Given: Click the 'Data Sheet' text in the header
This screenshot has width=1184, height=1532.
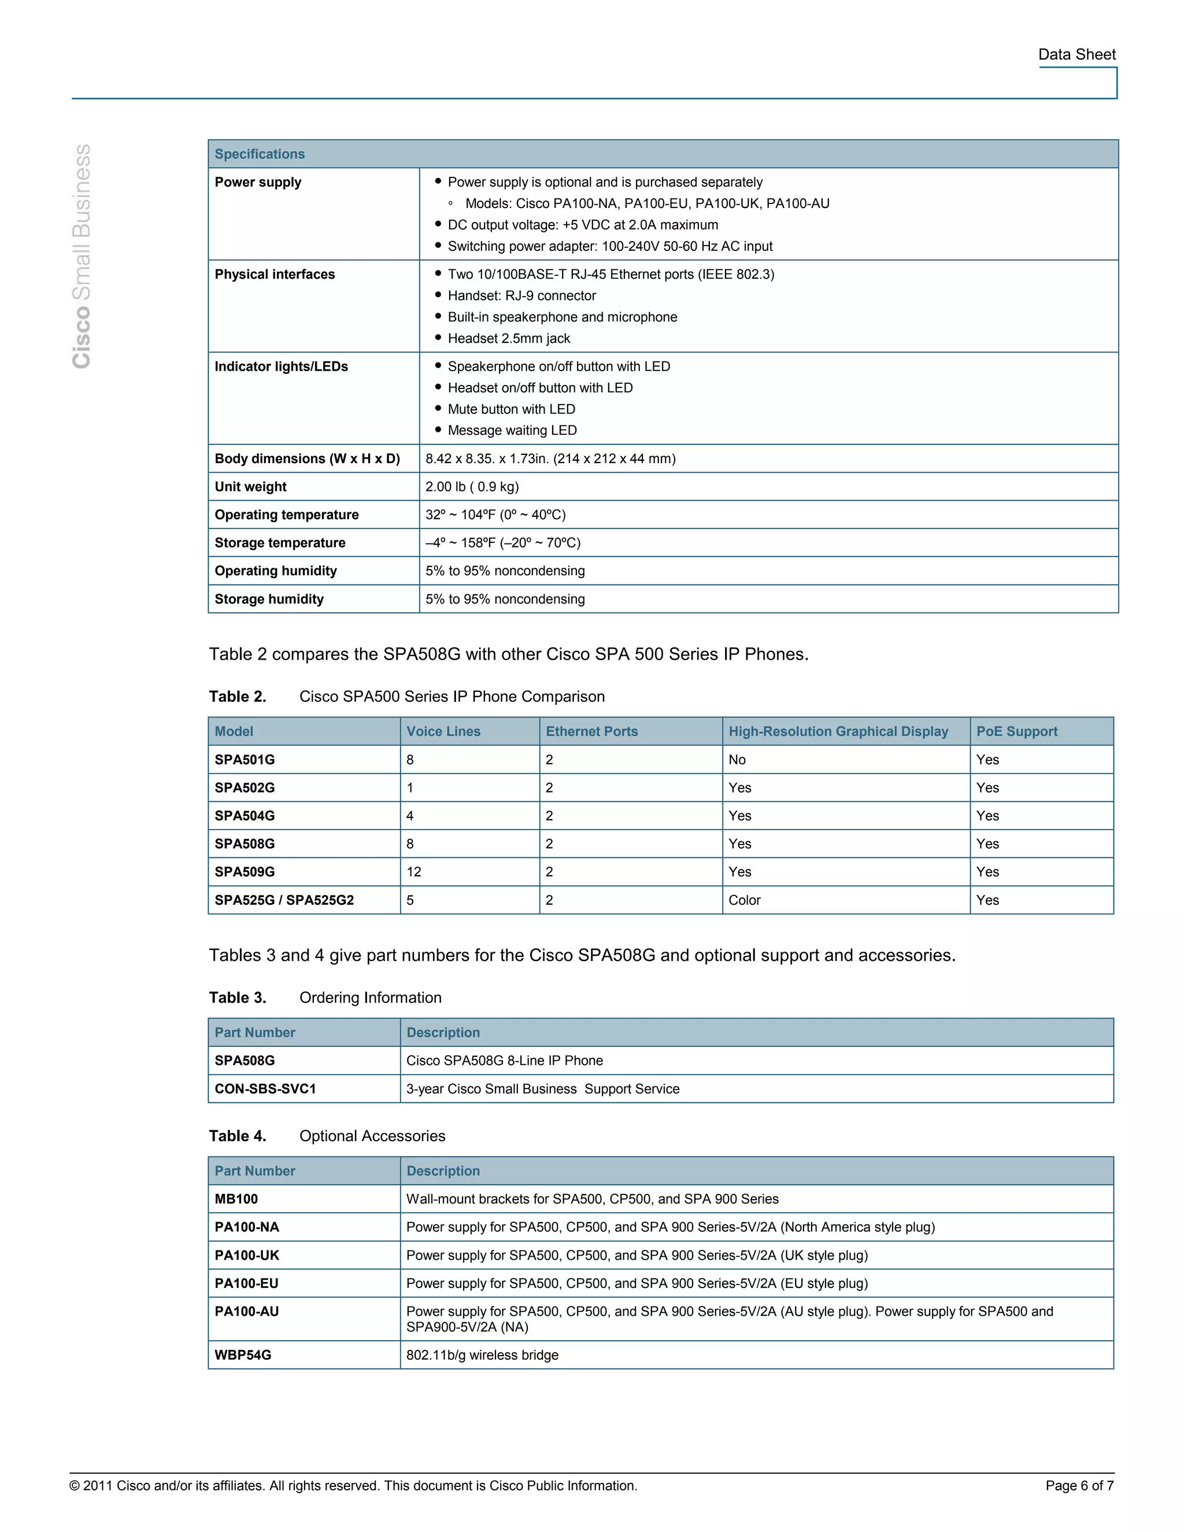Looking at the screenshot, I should click(x=1076, y=55).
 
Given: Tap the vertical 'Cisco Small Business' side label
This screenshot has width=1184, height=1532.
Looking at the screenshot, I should click(x=82, y=256).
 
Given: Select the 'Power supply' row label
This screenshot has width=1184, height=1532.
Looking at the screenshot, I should click(x=257, y=182).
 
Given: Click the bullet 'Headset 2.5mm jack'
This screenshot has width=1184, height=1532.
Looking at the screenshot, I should click(x=509, y=339).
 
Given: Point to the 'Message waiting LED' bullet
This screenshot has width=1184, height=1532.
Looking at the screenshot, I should click(x=512, y=431).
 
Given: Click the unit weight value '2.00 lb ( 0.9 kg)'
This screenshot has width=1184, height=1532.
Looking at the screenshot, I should click(x=472, y=487).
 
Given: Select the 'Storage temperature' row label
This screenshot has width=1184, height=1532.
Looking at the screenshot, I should click(x=280, y=543).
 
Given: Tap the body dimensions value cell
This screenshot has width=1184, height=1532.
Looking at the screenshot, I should click(x=550, y=459).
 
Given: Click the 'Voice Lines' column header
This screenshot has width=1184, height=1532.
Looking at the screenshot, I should click(x=443, y=732).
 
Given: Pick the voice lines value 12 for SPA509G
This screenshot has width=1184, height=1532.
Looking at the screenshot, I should click(x=414, y=872).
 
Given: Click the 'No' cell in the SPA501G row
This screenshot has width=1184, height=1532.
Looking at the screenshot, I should click(x=737, y=760).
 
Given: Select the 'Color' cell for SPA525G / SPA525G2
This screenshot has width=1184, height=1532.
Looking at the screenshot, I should click(x=744, y=900).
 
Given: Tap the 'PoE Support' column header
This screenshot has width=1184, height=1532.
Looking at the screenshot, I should click(x=1016, y=732).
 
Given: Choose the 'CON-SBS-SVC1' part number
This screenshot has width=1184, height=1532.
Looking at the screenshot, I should click(x=265, y=1089).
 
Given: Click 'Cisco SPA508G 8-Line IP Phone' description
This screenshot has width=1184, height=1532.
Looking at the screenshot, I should click(x=504, y=1061).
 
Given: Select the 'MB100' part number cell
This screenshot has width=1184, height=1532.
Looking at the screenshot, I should click(x=236, y=1199).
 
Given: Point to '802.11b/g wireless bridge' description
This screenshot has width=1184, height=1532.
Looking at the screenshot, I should click(x=482, y=1355).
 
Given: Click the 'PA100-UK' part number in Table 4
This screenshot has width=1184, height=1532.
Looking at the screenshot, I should click(x=247, y=1255).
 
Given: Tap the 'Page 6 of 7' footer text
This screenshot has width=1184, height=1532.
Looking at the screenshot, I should click(x=1079, y=1486).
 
